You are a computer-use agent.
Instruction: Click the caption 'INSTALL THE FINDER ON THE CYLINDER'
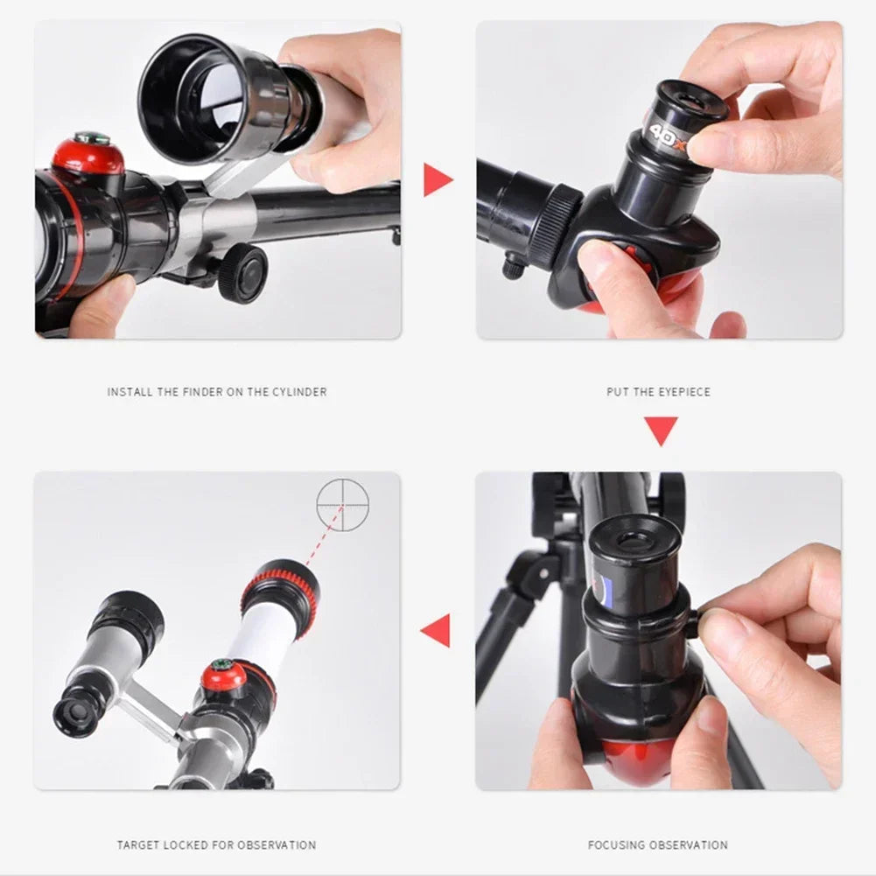pyautogui.click(x=217, y=392)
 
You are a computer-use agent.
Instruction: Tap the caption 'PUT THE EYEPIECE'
pyautogui.click(x=658, y=392)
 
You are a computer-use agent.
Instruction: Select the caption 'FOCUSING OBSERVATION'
pyautogui.click(x=657, y=844)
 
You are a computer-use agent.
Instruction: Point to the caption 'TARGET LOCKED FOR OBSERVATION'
pyautogui.click(x=216, y=844)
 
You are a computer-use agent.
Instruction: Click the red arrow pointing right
pyautogui.click(x=437, y=180)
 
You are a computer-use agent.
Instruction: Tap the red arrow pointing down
pyautogui.click(x=661, y=431)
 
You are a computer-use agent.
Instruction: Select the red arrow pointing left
pyautogui.click(x=436, y=630)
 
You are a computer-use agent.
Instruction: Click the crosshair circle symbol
pyautogui.click(x=342, y=505)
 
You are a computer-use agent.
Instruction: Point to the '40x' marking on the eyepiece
pyautogui.click(x=666, y=132)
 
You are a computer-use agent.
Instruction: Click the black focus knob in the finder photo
pyautogui.click(x=242, y=273)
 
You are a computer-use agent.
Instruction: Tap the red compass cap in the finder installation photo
pyautogui.click(x=88, y=154)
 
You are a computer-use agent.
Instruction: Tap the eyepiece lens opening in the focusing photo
pyautogui.click(x=634, y=536)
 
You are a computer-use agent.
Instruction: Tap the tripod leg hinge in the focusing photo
pyautogui.click(x=526, y=572)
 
